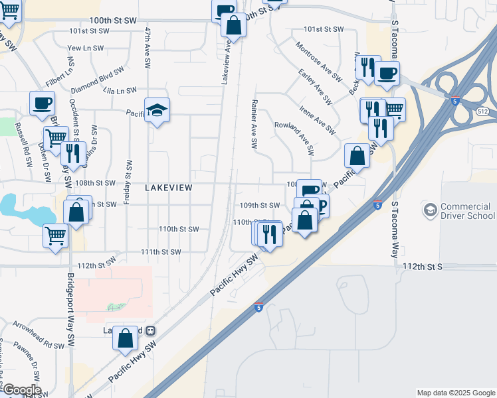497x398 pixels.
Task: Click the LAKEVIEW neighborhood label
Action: point(169,188)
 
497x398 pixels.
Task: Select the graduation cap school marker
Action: point(157,109)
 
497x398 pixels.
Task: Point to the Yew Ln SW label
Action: point(86,48)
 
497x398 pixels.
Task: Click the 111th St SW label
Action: point(161,252)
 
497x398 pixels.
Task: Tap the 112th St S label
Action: point(421,265)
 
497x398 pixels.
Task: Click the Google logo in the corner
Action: point(21,390)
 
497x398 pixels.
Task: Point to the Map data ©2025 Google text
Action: point(456,393)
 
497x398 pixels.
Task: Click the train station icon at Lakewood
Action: point(151,330)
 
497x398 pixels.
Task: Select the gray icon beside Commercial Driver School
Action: point(429,211)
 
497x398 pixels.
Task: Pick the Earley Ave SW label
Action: point(315,86)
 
